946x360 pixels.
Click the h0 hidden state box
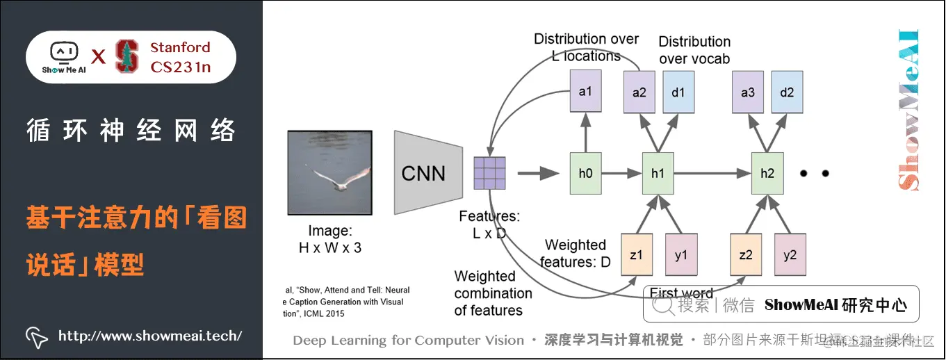point(585,173)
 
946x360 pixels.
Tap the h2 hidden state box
point(767,173)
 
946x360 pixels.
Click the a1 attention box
point(585,92)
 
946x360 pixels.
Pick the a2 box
point(639,92)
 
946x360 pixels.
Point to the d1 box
point(678,92)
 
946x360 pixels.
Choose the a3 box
point(747,92)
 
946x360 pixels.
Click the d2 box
point(787,92)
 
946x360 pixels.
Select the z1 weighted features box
point(636,255)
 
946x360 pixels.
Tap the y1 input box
point(681,255)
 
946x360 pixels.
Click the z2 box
point(746,255)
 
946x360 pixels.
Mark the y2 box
point(790,255)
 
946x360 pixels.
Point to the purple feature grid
point(489,173)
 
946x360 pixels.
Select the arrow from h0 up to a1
point(585,132)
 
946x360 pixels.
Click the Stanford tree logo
point(127,56)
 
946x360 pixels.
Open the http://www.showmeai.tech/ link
point(149,336)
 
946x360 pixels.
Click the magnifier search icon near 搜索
point(665,304)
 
